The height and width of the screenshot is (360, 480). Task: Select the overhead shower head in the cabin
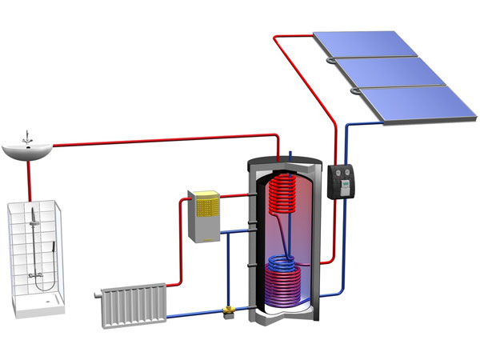click(33, 215)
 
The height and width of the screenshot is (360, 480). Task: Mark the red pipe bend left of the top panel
click(278, 39)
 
